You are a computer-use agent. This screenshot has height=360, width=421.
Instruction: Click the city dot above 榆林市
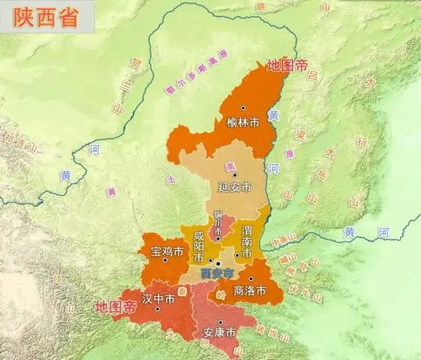tap(243, 109)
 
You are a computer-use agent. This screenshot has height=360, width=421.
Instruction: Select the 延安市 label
tap(235, 185)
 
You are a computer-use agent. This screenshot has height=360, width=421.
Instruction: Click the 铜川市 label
tap(219, 225)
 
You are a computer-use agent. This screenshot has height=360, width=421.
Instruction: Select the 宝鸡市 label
tap(166, 250)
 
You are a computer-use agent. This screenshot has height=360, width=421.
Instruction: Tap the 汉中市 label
tap(158, 298)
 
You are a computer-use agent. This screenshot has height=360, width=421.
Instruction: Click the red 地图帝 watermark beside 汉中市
tap(115, 307)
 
